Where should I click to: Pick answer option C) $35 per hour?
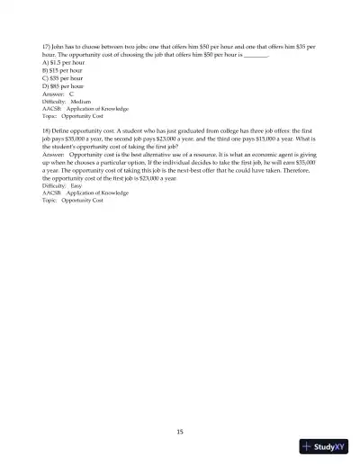[x=62, y=77]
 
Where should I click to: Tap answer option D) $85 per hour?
[x=62, y=85]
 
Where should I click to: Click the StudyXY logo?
[x=325, y=447]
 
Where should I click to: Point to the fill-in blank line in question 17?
[x=256, y=53]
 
